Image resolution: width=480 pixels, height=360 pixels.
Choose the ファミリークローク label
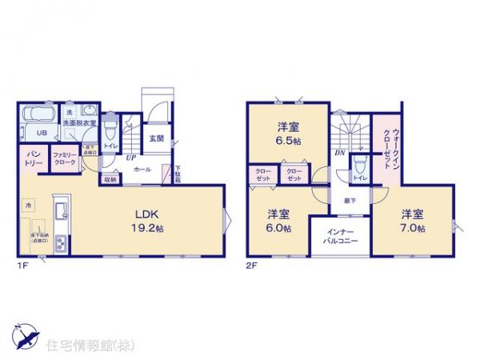(65, 158)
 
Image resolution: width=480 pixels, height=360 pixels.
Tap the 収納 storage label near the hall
(110, 180)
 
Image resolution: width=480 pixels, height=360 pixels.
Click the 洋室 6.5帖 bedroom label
(288, 132)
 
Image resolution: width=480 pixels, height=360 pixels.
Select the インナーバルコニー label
(340, 235)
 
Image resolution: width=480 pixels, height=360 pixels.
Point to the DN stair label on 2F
(339, 153)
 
